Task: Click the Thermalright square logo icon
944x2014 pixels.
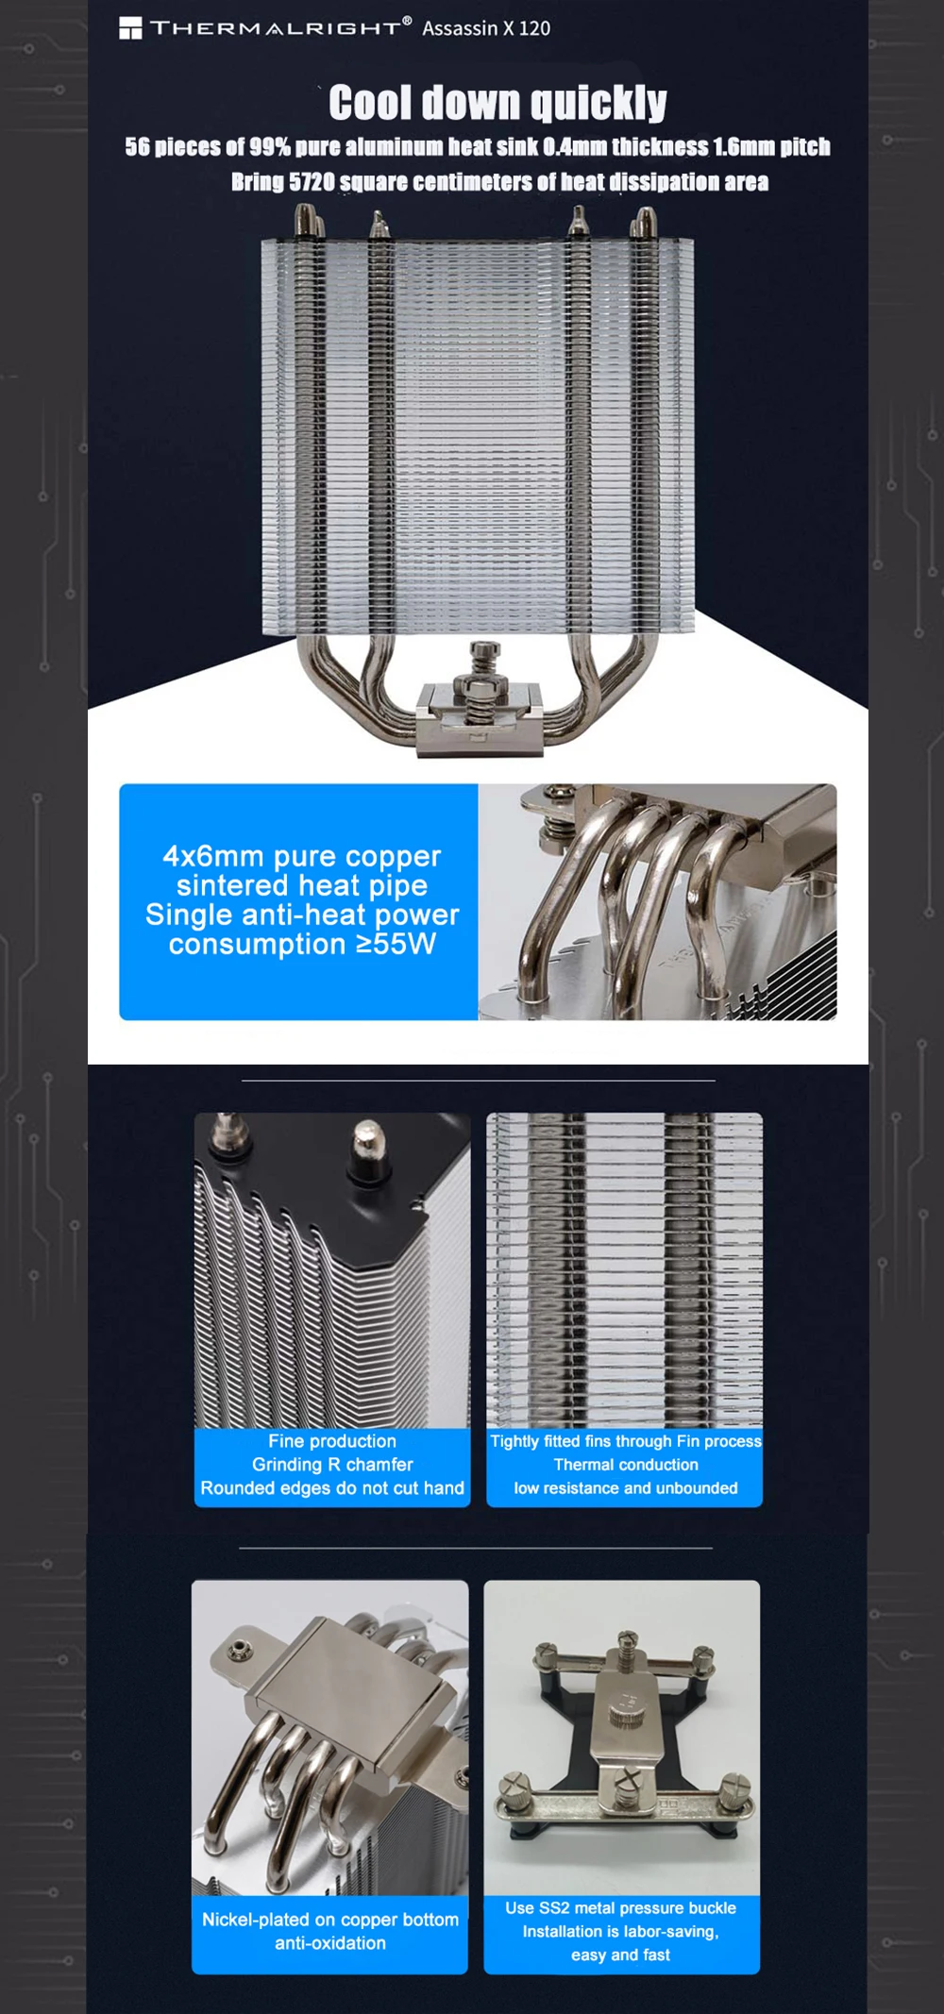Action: click(x=130, y=28)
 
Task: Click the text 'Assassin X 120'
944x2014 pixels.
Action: click(x=486, y=28)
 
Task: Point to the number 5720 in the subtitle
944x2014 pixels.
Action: click(x=312, y=182)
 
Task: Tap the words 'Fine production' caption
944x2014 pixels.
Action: click(x=332, y=1441)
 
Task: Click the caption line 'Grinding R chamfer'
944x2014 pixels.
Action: click(x=332, y=1465)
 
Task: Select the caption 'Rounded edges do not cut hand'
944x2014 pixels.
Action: click(x=332, y=1488)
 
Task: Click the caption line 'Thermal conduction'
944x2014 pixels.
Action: click(x=626, y=1465)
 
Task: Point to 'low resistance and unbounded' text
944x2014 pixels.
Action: click(x=626, y=1488)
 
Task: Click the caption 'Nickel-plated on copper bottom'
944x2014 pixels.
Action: click(x=330, y=1920)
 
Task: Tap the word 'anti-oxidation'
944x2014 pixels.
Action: click(x=330, y=1943)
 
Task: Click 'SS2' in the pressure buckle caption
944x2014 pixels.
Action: click(x=556, y=1908)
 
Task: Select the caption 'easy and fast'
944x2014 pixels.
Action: click(x=620, y=1955)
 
